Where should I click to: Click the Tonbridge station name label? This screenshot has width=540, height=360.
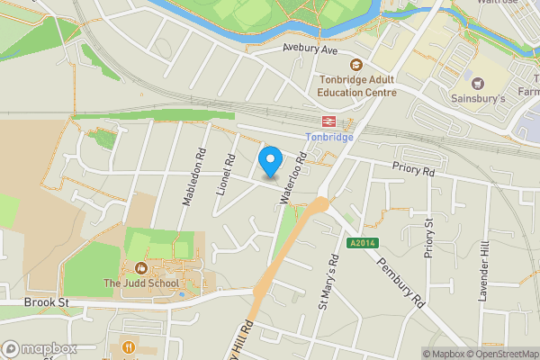328,137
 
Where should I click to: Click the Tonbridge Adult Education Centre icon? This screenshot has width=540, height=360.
356,65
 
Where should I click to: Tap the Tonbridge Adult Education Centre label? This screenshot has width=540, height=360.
357,85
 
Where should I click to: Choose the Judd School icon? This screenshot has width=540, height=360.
139,267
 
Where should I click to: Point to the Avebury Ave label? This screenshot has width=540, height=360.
309,50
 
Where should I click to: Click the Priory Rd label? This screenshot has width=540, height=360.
413,168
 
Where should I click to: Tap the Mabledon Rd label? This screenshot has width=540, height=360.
193,176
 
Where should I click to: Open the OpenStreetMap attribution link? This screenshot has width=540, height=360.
499,354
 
